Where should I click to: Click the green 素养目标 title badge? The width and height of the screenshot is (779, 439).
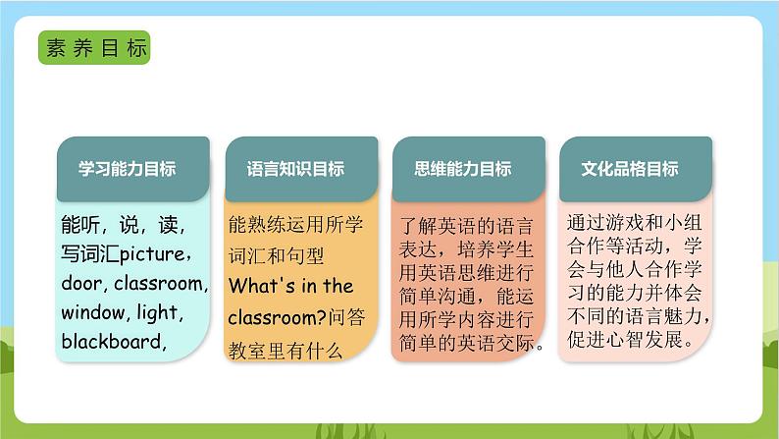[94, 48]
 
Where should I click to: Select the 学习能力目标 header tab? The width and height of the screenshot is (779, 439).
[128, 169]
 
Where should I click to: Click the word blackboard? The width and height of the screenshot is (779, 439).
[110, 342]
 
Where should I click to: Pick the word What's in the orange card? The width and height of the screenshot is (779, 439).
[261, 287]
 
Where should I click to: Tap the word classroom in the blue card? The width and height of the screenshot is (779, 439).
[161, 285]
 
